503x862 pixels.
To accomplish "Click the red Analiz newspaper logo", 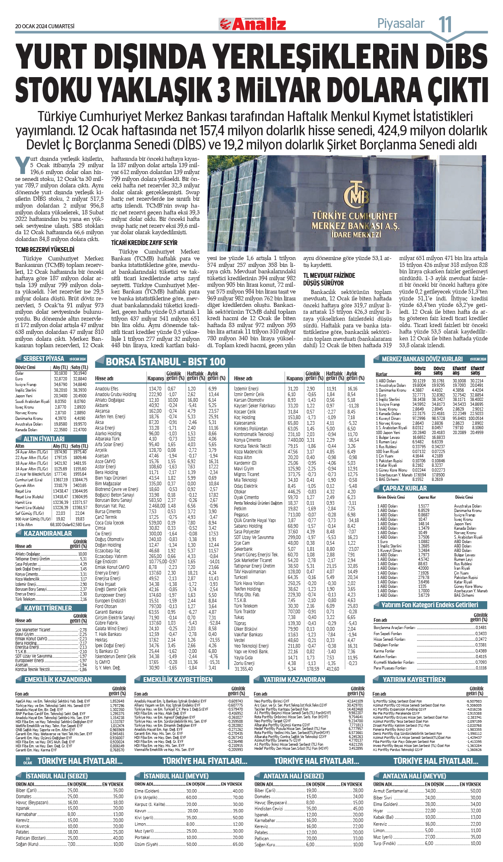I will (x=253, y=24).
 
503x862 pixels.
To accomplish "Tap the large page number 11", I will (x=445, y=24).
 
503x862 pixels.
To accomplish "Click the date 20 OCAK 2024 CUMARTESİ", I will (x=45, y=26).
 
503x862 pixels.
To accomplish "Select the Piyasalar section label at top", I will (x=401, y=24).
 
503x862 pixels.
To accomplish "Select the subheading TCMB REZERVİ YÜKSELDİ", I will (x=45, y=250).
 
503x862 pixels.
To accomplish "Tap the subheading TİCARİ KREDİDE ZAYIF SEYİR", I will (x=144, y=243).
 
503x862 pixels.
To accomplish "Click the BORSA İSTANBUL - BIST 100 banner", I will (x=165, y=361).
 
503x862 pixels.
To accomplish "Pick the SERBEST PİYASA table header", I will (x=44, y=359).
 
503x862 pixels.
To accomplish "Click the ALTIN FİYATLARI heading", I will (x=44, y=439).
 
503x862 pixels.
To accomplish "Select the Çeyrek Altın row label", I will (x=25, y=485).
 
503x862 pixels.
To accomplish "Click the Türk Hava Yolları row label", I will (x=249, y=583).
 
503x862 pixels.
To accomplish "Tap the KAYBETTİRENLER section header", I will (x=48, y=608).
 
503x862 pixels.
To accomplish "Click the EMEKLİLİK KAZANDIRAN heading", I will (x=58, y=680).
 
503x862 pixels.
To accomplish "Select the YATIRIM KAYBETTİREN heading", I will (x=414, y=680).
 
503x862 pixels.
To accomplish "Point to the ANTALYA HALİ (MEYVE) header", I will (x=414, y=776).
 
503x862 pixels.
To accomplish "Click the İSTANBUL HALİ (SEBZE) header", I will (x=56, y=776).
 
